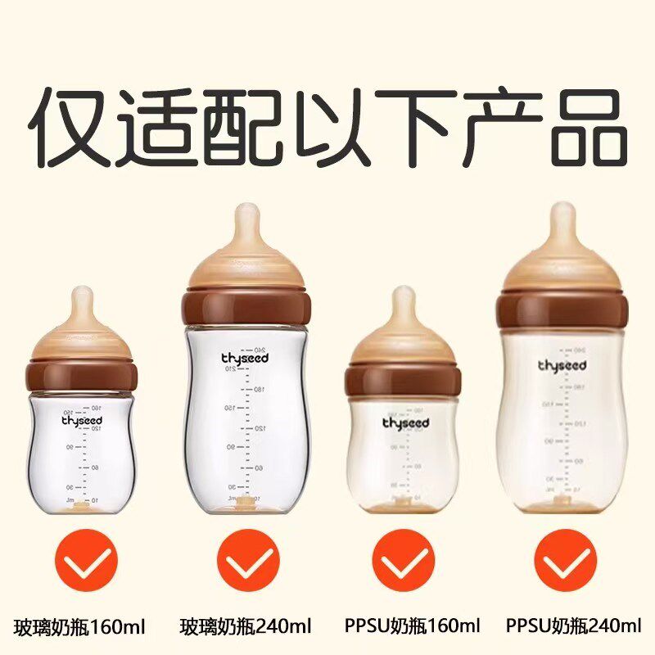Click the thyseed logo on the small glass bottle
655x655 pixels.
(84, 420)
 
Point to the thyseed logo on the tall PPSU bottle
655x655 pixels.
(561, 364)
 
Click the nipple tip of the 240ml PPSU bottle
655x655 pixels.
(562, 211)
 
